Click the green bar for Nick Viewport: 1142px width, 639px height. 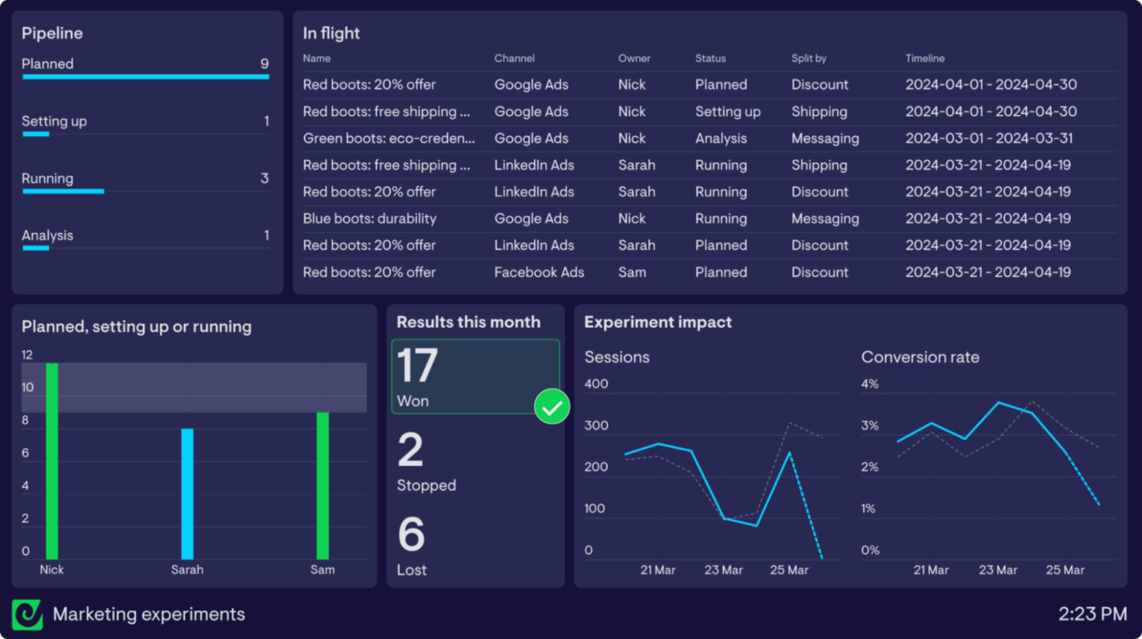coord(52,461)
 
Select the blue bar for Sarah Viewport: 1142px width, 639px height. coord(188,494)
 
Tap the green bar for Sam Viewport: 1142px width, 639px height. coord(322,486)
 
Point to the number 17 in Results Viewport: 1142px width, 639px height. coord(418,366)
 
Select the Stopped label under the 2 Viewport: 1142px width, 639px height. coord(426,486)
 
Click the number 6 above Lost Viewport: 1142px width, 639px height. coord(411,535)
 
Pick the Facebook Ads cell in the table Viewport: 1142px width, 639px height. coord(539,273)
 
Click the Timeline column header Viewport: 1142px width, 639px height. coord(925,59)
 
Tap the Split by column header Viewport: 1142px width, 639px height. coord(809,59)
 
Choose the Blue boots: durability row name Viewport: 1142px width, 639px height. coord(370,219)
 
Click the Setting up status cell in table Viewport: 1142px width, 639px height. coord(728,112)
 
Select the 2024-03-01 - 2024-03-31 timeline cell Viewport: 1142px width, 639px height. coord(989,139)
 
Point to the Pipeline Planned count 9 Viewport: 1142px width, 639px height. coord(264,64)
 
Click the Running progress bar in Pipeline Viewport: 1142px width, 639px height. coord(64,191)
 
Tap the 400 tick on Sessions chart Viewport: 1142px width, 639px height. coord(596,384)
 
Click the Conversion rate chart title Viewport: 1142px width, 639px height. coord(920,357)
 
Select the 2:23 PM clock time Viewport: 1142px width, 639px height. coord(1093,614)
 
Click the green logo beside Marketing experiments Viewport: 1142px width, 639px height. coord(28,615)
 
